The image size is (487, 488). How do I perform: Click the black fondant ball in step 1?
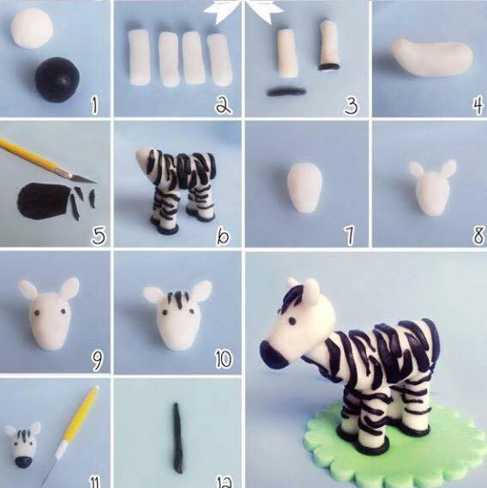[x=57, y=80]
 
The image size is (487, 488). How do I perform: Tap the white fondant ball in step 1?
[x=32, y=28]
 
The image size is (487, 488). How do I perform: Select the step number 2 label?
[x=224, y=105]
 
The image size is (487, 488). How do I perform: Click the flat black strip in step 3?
[x=286, y=92]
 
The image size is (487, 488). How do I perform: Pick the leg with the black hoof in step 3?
[x=329, y=45]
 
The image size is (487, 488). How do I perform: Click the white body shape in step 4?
[x=432, y=57]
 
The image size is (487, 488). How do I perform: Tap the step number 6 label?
[x=223, y=236]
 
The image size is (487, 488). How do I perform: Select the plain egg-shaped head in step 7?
[x=304, y=188]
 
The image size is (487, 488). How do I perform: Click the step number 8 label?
[x=478, y=235]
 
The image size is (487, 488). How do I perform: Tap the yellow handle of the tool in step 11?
[x=81, y=414]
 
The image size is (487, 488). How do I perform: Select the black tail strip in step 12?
[x=178, y=438]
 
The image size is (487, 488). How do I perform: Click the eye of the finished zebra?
[x=292, y=321]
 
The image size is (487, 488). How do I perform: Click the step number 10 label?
[x=224, y=358]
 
